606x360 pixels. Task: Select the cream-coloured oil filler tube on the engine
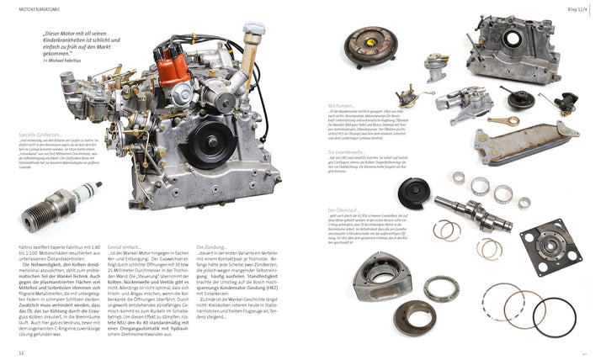[251, 50]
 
